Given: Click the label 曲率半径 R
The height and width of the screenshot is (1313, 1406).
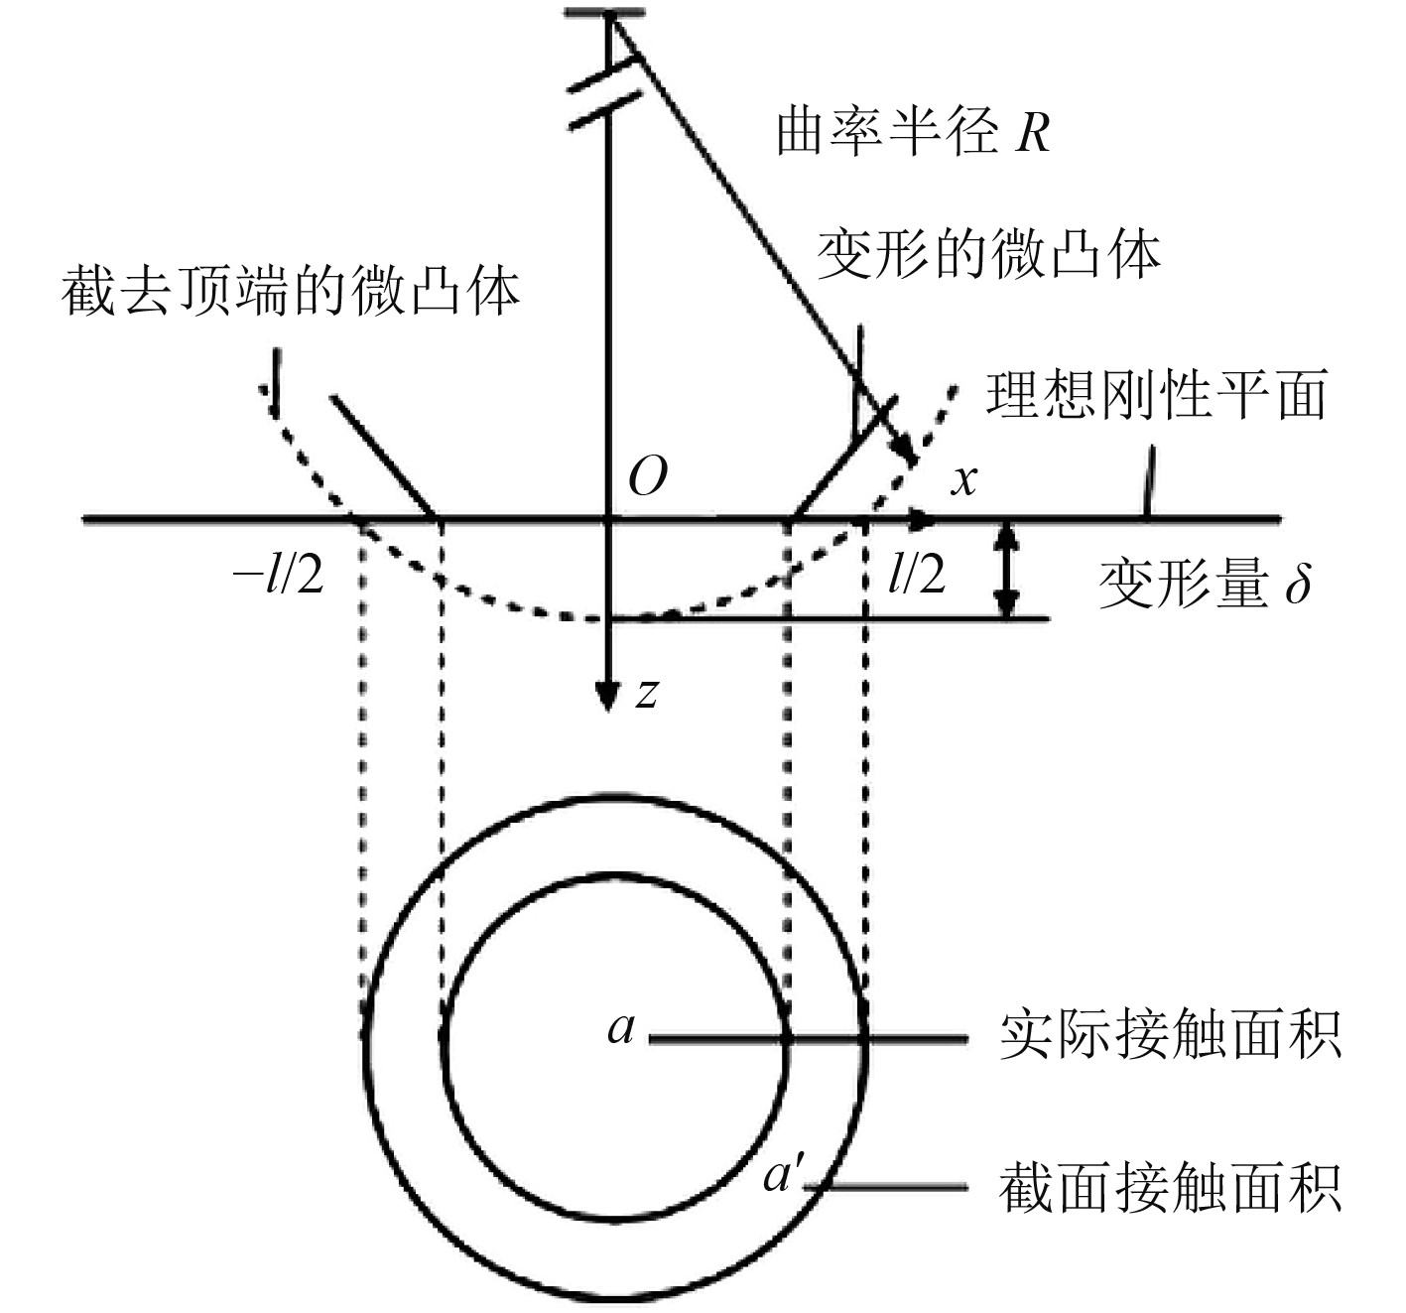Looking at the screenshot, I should pyautogui.click(x=912, y=132).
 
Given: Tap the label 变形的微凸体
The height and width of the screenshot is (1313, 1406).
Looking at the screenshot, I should pyautogui.click(x=988, y=255).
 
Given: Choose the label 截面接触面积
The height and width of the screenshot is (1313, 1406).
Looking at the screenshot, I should pyautogui.click(x=1170, y=1187).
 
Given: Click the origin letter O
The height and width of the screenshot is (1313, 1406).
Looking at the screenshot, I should pyautogui.click(x=648, y=478).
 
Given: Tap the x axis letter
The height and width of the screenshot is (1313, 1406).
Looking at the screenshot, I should pyautogui.click(x=963, y=480).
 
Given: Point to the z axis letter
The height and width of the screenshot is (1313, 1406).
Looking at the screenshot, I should pyautogui.click(x=647, y=692).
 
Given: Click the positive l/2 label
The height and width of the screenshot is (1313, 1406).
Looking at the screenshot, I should pyautogui.click(x=916, y=575).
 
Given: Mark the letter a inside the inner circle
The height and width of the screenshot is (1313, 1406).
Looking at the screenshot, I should pyautogui.click(x=621, y=1029).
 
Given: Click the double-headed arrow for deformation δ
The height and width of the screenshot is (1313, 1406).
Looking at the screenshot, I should pyautogui.click(x=1007, y=569).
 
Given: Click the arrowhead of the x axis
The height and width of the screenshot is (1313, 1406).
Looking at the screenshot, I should pyautogui.click(x=924, y=519).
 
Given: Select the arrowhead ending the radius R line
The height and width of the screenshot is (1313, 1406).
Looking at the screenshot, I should pyautogui.click(x=904, y=452).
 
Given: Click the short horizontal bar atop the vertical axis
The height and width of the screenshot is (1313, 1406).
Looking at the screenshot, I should pyautogui.click(x=604, y=14).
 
